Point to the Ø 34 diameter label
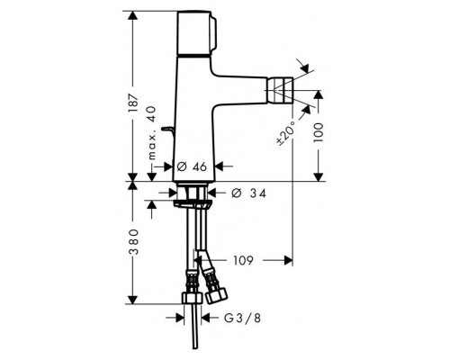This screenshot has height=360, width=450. click(x=247, y=193)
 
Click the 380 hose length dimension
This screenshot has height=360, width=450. click(x=133, y=244)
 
